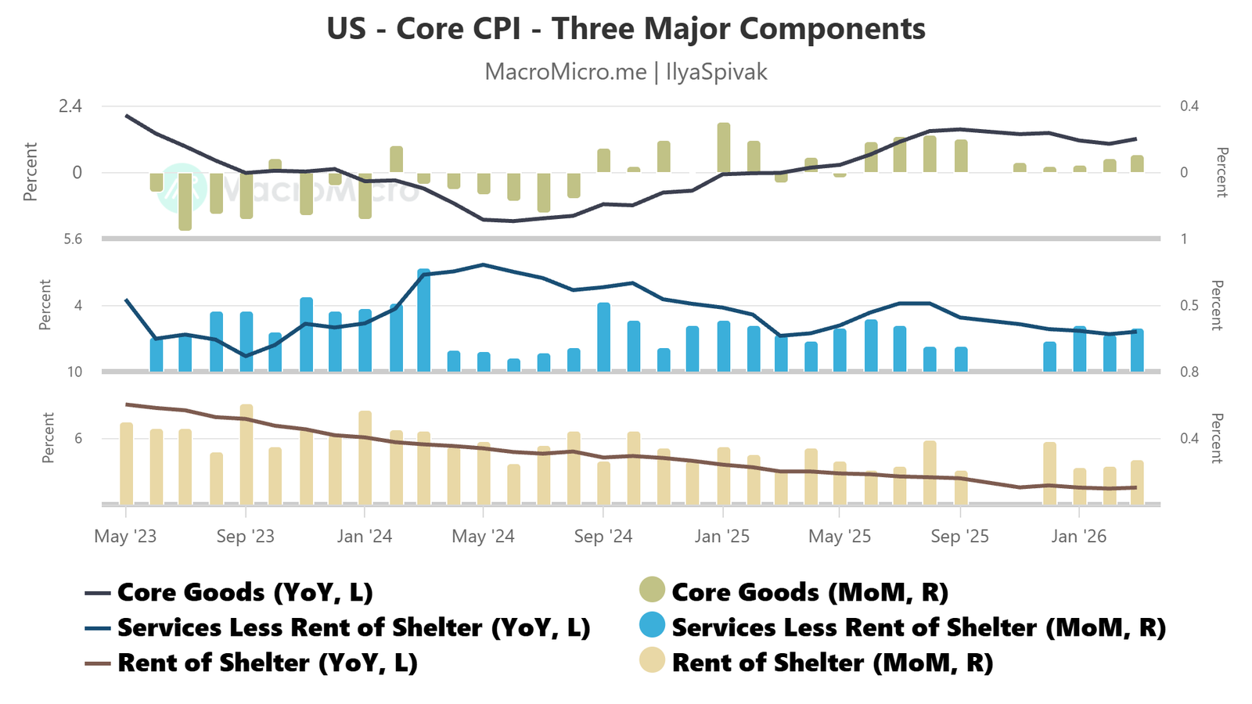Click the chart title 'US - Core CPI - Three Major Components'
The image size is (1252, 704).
tap(626, 29)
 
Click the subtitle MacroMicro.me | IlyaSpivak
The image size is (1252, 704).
tap(626, 72)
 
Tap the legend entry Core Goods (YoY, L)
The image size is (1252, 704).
tap(244, 592)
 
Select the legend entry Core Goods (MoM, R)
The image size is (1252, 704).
tap(809, 592)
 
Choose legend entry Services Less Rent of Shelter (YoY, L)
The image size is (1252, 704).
tap(353, 627)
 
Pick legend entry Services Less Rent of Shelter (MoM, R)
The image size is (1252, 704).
tap(918, 627)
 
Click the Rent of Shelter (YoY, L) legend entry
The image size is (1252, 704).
tap(267, 663)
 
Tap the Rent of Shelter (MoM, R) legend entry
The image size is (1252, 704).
tap(832, 663)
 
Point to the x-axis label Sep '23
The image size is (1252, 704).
tap(246, 537)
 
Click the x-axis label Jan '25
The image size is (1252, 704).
tap(722, 537)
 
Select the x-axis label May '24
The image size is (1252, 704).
tap(484, 537)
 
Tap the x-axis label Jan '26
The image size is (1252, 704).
tap(1079, 537)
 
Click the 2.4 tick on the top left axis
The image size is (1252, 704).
tap(70, 106)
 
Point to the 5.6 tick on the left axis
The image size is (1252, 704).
tap(73, 239)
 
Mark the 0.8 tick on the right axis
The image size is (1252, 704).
tap(1189, 372)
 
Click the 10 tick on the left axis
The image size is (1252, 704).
tap(74, 372)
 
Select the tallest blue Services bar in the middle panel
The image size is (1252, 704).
tap(423, 320)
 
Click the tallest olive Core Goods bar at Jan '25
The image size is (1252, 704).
tap(724, 148)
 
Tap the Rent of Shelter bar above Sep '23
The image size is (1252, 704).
tap(246, 454)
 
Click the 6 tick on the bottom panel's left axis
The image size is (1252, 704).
tap(78, 439)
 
